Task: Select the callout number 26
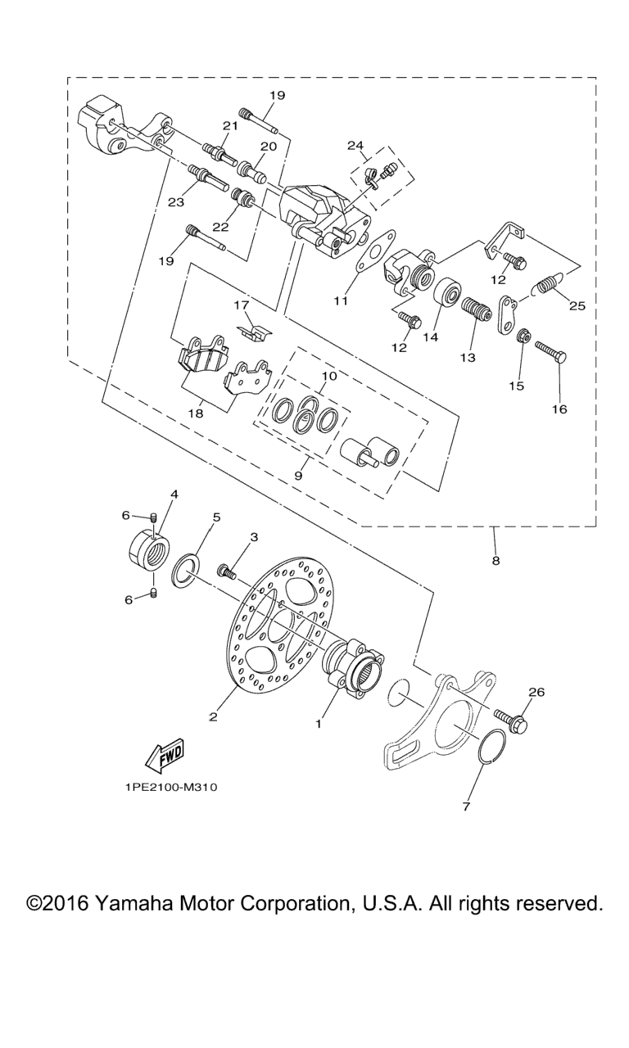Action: (536, 692)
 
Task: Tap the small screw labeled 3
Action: (227, 571)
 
